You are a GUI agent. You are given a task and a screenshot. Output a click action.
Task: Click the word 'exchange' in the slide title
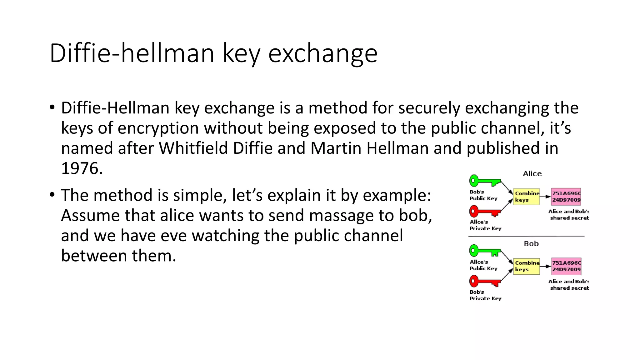tap(323, 53)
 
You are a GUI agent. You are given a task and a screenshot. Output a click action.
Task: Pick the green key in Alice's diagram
tap(485, 181)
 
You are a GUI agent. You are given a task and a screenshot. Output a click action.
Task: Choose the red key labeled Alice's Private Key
tap(485, 212)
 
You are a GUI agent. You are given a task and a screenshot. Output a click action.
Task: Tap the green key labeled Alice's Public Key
tap(485, 251)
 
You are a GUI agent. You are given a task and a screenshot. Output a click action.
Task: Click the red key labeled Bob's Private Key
tap(485, 281)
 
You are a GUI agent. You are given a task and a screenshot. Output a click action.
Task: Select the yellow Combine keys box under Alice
tap(527, 197)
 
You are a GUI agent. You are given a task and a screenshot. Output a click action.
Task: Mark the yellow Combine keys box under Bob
tap(527, 266)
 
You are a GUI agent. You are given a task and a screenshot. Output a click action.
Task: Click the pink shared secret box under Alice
tap(566, 197)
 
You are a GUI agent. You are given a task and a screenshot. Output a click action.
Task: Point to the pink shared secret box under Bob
tap(566, 266)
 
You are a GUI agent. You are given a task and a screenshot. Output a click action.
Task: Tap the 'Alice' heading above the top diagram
tap(532, 174)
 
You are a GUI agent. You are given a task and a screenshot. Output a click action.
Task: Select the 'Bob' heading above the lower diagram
tap(531, 244)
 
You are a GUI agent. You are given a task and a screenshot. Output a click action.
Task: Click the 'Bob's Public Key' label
tap(483, 195)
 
